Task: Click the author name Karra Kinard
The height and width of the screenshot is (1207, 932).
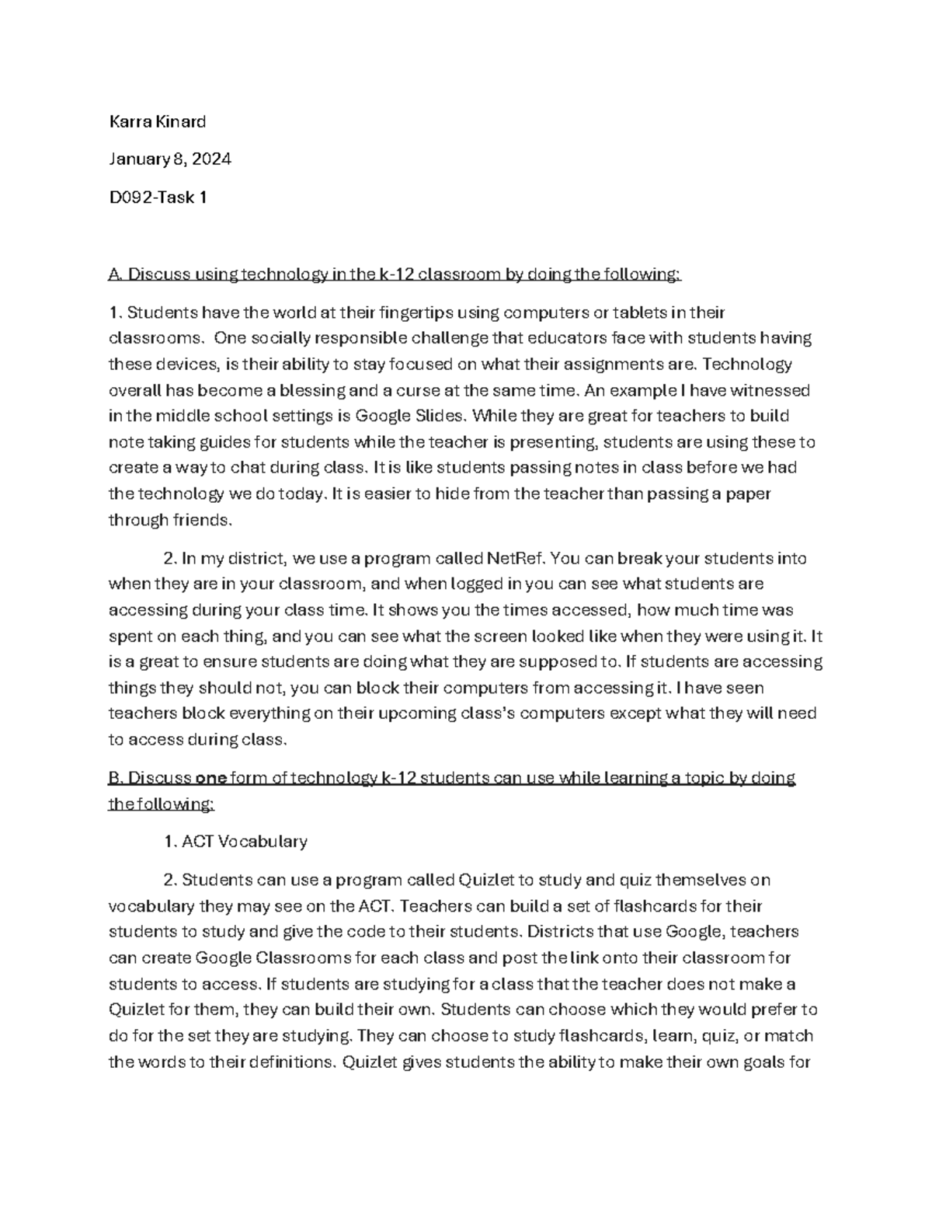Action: click(157, 121)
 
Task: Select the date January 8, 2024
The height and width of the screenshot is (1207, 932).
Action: click(169, 159)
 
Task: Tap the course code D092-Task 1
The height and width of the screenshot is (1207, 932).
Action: click(158, 197)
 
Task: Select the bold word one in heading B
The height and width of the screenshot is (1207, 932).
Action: click(210, 778)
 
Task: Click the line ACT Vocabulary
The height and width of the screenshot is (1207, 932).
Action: click(244, 841)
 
